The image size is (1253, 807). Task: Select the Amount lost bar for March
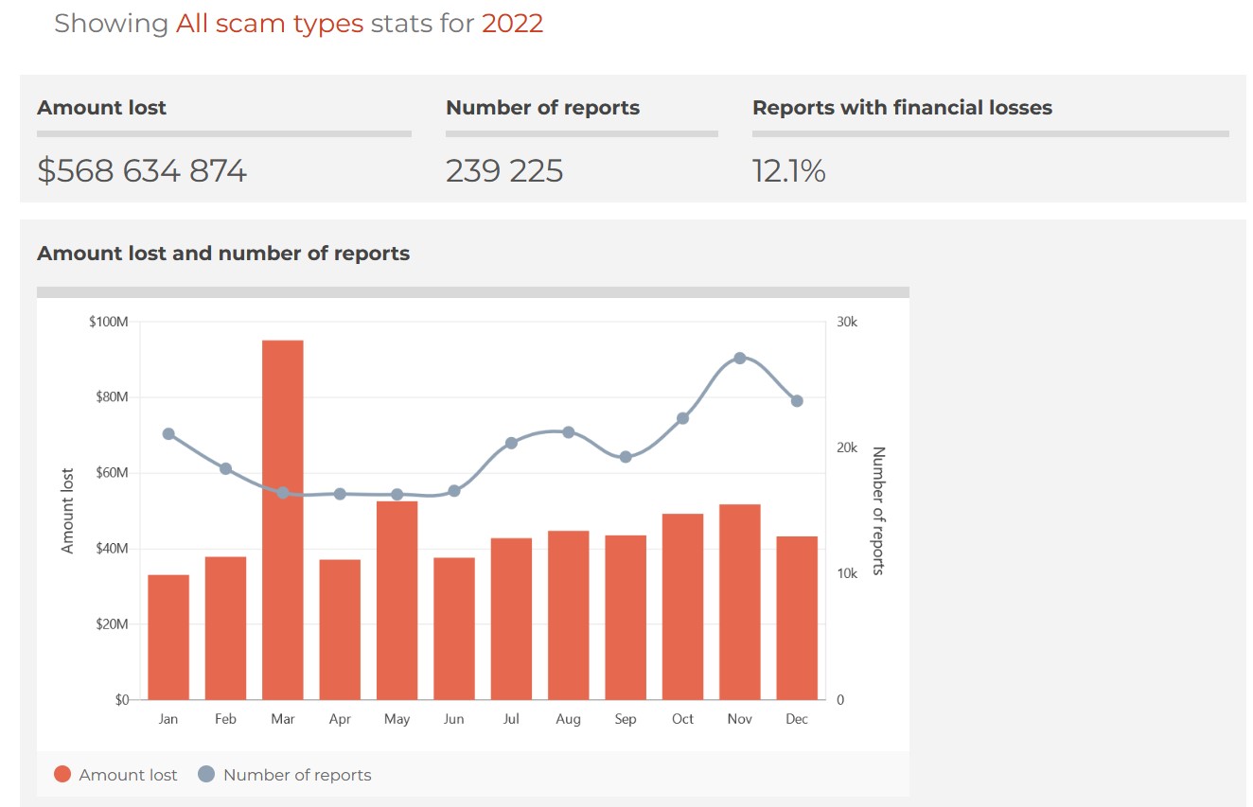[x=283, y=519]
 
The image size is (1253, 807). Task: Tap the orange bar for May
[x=397, y=600]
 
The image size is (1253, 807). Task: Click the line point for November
[x=740, y=359]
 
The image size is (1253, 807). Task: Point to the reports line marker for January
[x=168, y=434]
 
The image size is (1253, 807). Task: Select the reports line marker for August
[x=569, y=432]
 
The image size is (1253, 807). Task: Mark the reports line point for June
[x=454, y=491]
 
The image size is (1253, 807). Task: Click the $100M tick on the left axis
[x=108, y=323]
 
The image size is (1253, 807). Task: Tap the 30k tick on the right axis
[x=847, y=323]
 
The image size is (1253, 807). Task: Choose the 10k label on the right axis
[x=847, y=574]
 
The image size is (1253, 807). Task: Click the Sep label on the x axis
[x=626, y=719]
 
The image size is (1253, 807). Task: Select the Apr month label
[x=340, y=719]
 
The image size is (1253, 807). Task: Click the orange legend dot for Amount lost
[x=62, y=775]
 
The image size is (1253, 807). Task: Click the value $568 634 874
[x=142, y=171]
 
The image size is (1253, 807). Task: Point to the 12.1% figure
[x=788, y=171]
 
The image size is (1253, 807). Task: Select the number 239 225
[x=504, y=171]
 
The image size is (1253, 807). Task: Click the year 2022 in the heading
[x=512, y=23]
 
